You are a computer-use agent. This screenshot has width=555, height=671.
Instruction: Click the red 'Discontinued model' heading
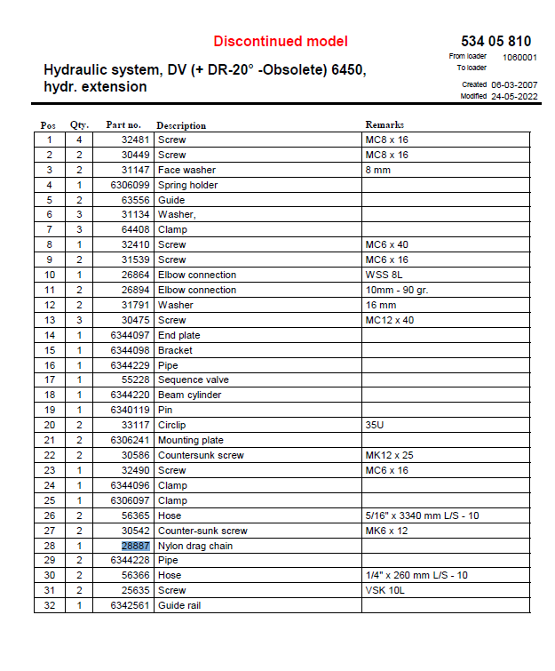point(281,41)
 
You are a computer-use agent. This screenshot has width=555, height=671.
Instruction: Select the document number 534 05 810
point(496,41)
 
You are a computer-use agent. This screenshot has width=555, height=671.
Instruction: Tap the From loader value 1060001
point(519,57)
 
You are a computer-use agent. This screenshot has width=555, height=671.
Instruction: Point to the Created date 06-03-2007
point(515,84)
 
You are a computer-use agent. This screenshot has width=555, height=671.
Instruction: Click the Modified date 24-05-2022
point(515,96)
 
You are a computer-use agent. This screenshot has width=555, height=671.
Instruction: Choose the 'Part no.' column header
point(123,125)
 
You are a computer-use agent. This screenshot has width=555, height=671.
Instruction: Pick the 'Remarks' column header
point(385,125)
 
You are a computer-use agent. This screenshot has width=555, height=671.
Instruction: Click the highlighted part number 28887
point(136,546)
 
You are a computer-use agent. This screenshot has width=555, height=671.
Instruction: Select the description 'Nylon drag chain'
point(194,546)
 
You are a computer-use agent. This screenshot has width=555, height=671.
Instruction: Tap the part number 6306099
point(131,185)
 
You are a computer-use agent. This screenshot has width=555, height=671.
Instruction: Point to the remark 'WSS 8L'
point(383,275)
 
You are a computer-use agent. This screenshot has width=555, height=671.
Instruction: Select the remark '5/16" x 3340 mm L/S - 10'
point(423,515)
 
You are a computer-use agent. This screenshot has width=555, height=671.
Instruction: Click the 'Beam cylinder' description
point(189,395)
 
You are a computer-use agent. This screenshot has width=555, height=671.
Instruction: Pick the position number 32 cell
point(50,605)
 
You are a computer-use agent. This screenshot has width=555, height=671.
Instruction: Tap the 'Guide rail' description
point(180,605)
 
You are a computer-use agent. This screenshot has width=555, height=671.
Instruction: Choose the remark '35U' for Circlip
point(375,425)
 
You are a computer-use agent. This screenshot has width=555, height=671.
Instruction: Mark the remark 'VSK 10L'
point(385,590)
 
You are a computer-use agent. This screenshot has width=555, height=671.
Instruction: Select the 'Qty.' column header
point(79,125)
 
